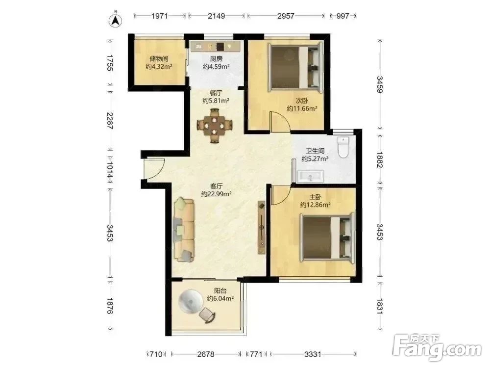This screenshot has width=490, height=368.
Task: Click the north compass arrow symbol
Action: [x=115, y=20]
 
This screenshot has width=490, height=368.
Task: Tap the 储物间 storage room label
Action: [x=159, y=59]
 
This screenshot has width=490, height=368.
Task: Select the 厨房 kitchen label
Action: [x=216, y=58]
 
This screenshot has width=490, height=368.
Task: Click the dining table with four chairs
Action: [x=215, y=126]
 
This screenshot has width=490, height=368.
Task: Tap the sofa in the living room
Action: [x=184, y=229]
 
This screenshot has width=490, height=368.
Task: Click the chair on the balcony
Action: [x=207, y=315]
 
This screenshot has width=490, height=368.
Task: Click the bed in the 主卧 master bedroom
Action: [x=327, y=237]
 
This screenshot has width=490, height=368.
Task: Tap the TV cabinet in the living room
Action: [x=261, y=228]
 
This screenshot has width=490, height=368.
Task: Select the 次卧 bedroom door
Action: [x=280, y=122]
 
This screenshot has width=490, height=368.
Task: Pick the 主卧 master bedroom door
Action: [x=281, y=195]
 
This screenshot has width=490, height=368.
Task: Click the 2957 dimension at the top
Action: [x=286, y=16]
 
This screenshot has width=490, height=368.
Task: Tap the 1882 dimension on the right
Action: [x=380, y=159]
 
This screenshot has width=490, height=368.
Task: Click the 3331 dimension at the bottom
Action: [x=313, y=354]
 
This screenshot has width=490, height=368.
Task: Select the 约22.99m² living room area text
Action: [x=216, y=194]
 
